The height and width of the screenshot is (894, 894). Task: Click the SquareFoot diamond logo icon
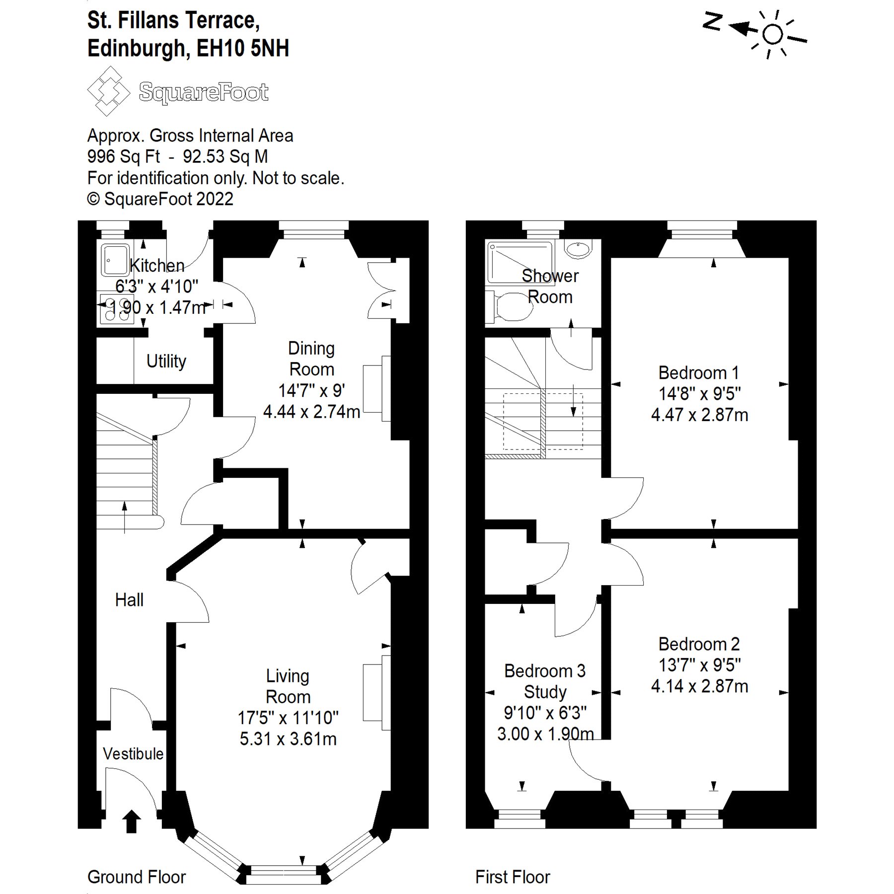(x=108, y=91)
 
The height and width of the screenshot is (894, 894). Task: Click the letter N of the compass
(x=712, y=22)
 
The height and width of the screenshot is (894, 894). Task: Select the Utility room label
(x=166, y=361)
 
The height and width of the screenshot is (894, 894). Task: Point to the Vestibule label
(x=133, y=753)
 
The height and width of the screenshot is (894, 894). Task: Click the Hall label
(x=129, y=599)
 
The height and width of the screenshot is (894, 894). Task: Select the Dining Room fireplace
(x=376, y=388)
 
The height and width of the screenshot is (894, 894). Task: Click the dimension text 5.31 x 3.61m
(x=288, y=739)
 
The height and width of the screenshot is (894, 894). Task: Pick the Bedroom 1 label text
(x=698, y=372)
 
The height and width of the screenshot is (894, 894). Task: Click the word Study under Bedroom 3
(x=545, y=692)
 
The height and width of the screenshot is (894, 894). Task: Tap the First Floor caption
(x=513, y=877)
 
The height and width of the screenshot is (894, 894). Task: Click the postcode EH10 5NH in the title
(x=243, y=49)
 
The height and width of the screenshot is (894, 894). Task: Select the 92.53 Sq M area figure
(x=225, y=156)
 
